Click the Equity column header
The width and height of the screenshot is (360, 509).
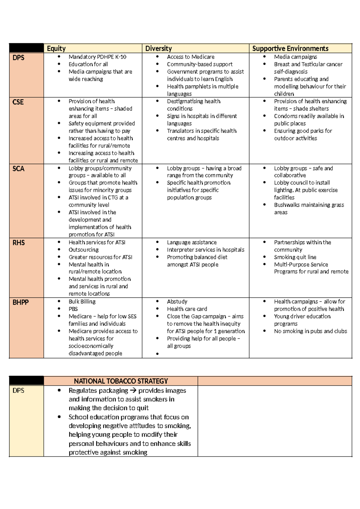[56, 49]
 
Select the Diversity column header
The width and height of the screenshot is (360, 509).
[158, 49]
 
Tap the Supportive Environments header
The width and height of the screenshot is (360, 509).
[290, 49]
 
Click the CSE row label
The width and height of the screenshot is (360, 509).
[18, 102]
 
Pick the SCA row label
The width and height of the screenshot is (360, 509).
[18, 169]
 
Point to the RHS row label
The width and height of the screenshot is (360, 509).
[19, 243]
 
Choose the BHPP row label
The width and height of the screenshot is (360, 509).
[20, 303]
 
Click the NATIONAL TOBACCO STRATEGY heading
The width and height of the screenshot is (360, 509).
[121, 381]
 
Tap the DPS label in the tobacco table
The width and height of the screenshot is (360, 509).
[18, 391]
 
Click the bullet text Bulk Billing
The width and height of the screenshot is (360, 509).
[82, 302]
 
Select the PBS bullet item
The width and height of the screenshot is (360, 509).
[73, 309]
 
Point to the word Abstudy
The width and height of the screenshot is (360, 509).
[177, 302]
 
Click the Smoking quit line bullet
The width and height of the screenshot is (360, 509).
[295, 257]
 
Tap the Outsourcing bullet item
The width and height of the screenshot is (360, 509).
[83, 250]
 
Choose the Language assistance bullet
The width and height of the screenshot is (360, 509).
[192, 242]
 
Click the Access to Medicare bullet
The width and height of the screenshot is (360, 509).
[190, 57]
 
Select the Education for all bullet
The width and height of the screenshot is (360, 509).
[88, 64]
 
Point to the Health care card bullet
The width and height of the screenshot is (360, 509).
[187, 309]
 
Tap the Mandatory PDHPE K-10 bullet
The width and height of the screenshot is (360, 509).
[97, 57]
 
